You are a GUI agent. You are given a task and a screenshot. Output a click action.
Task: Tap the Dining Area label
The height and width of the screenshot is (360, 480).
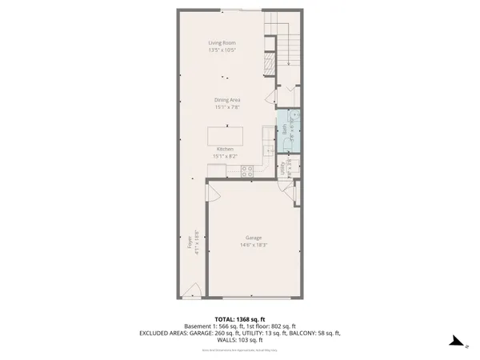[227, 99]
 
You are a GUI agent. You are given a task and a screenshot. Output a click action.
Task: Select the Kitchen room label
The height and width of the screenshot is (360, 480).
[225, 150]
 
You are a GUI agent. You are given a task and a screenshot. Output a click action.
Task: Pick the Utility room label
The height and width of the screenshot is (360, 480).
[283, 168]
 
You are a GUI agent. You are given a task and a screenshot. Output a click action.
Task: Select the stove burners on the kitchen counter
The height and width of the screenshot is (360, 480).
[248, 169]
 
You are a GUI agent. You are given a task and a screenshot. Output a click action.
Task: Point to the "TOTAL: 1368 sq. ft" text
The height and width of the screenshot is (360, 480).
[240, 318]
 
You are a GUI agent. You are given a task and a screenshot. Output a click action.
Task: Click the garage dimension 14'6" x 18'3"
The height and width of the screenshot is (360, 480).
[252, 245]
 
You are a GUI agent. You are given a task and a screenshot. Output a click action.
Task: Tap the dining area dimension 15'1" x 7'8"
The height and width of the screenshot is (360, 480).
[227, 106]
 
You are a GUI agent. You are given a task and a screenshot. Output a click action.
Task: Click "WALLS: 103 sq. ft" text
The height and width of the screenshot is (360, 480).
[240, 339]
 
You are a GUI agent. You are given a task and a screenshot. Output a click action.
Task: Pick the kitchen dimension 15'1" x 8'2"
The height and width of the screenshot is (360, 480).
[225, 156]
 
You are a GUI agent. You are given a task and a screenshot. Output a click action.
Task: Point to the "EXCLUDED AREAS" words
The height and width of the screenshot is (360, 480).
[166, 333]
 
